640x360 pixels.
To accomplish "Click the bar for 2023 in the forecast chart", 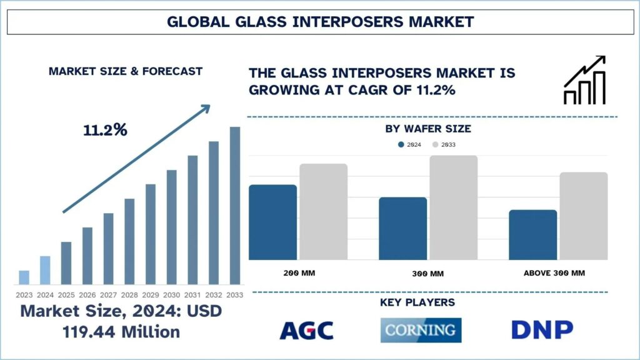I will coord(24,277).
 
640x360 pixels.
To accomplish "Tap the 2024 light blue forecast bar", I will coord(45,270).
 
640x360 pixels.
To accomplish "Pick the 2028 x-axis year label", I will coord(129,295).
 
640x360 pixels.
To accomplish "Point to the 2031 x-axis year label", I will coord(193,295).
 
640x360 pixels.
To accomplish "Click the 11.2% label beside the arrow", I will coord(105,130).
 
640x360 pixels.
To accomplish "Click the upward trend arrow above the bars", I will coord(136,159).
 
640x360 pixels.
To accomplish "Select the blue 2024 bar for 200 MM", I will coord(272,222).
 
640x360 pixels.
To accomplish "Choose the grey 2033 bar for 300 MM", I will coord(453,207).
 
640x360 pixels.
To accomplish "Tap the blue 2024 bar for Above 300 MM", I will coord(532,234).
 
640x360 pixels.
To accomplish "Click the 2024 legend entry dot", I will coord(401,145).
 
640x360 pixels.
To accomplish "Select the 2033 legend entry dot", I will coord(436,145).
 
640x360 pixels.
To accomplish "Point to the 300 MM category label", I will coord(428,274).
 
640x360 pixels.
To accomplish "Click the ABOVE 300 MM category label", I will coord(558,273).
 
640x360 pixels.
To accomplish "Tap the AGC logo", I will coord(306,330).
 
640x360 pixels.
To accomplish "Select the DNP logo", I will coord(542,330).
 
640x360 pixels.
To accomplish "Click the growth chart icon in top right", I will coord(584,80).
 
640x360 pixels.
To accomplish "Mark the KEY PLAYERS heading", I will coord(417,302).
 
